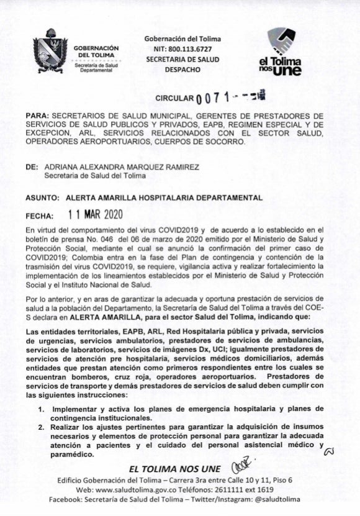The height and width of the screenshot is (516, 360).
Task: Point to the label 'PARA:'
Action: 37,115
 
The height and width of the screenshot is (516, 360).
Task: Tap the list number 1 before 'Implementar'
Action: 40,410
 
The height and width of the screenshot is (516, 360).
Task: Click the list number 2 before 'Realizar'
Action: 40,428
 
